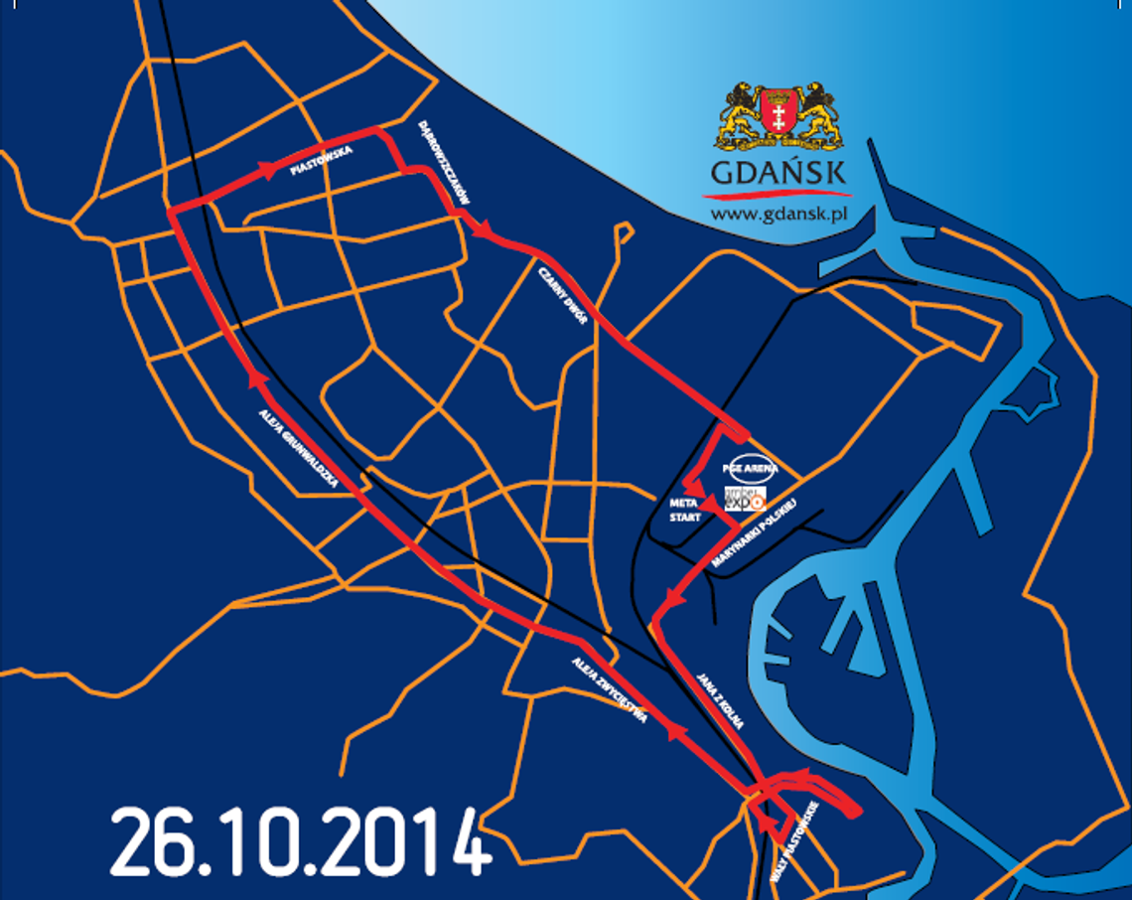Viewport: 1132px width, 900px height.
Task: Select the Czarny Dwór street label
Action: (x=564, y=296)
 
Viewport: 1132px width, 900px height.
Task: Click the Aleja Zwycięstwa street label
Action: (x=610, y=688)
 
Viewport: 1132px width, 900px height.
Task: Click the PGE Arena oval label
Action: (x=751, y=468)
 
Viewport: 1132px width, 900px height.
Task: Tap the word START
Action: (x=685, y=518)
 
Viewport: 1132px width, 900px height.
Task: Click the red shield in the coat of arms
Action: (x=778, y=112)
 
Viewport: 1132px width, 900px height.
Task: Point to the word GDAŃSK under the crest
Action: (x=778, y=173)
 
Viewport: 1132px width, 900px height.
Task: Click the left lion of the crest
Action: (x=741, y=113)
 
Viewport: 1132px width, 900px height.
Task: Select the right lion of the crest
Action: (x=816, y=113)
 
